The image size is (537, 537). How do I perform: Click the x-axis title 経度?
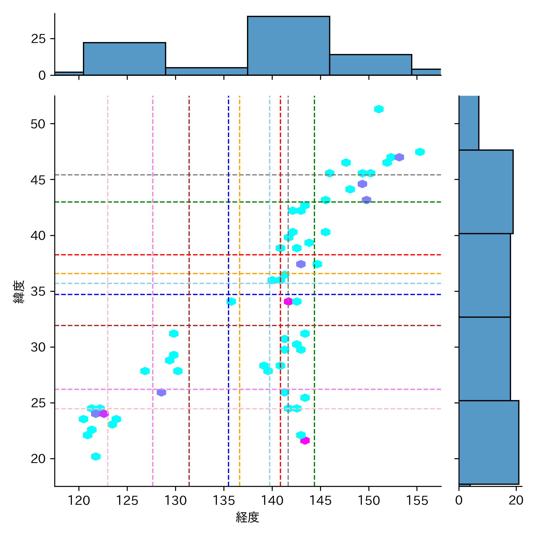point(247,517)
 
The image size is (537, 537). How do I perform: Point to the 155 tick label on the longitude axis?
point(417,500)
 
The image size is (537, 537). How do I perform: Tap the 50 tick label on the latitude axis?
point(38,124)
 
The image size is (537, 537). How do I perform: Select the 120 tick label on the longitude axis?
point(79,500)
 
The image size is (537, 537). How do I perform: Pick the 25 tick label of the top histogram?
point(38,39)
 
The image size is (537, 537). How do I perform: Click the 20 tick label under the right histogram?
point(516,500)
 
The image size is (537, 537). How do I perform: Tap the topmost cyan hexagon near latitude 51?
point(379,109)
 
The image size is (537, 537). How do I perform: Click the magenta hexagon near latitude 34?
point(288,302)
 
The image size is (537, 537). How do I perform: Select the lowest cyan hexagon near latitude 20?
point(96,456)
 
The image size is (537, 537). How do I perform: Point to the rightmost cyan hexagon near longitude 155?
point(420,152)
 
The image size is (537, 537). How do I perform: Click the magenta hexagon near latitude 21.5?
point(305,441)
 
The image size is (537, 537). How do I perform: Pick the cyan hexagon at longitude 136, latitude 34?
point(231,302)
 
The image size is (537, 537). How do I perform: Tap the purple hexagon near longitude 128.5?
point(161,393)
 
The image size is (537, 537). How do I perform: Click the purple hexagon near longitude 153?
point(399,157)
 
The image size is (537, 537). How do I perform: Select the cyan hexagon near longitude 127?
point(145,371)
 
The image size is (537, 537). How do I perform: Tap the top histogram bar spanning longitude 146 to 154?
point(371,65)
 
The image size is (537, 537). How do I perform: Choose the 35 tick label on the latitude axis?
point(38,291)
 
